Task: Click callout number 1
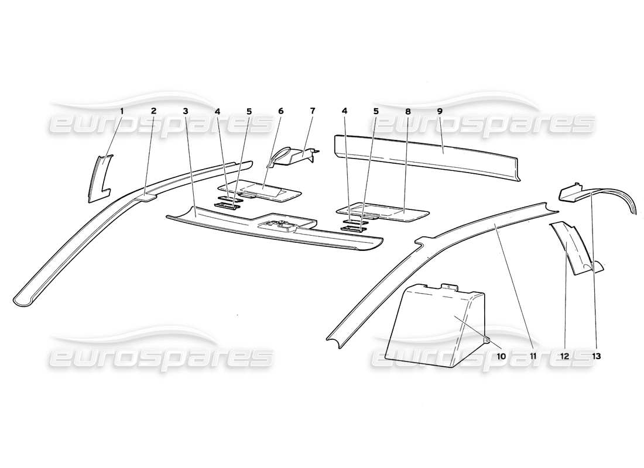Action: (x=122, y=111)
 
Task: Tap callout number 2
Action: (x=153, y=111)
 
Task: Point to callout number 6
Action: (x=281, y=111)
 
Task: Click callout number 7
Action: (x=313, y=111)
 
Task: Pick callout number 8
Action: (x=408, y=111)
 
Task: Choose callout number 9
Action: (x=440, y=111)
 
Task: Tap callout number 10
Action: (x=501, y=356)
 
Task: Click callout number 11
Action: (x=533, y=356)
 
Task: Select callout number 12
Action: (x=565, y=356)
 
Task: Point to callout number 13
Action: (x=597, y=356)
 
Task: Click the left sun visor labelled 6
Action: (x=260, y=192)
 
